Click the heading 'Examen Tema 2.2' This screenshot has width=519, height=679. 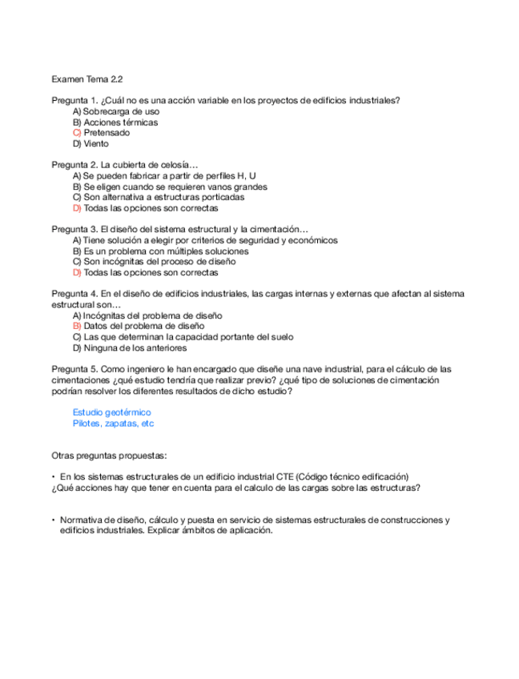tap(86, 79)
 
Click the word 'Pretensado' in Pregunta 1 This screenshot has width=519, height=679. tap(107, 133)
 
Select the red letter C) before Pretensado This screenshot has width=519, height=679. tap(77, 133)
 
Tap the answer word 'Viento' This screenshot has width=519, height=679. tap(96, 144)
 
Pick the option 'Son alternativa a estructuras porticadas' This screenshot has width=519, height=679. tap(164, 197)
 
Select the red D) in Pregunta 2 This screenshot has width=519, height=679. tap(77, 208)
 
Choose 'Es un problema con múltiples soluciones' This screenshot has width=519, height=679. tap(166, 251)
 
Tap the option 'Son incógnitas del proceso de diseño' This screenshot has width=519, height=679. tap(160, 262)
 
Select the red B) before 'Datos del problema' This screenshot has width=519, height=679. tap(77, 326)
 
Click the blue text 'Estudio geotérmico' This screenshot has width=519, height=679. tap(111, 412)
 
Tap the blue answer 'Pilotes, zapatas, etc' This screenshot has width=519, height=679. tap(113, 424)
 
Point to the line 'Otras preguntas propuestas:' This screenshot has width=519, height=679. tap(109, 455)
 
